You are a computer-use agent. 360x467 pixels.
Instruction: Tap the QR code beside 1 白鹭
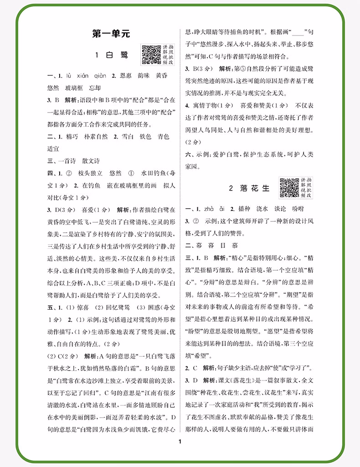[x=149, y=54]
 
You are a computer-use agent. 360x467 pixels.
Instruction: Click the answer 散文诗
[x=91, y=161]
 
